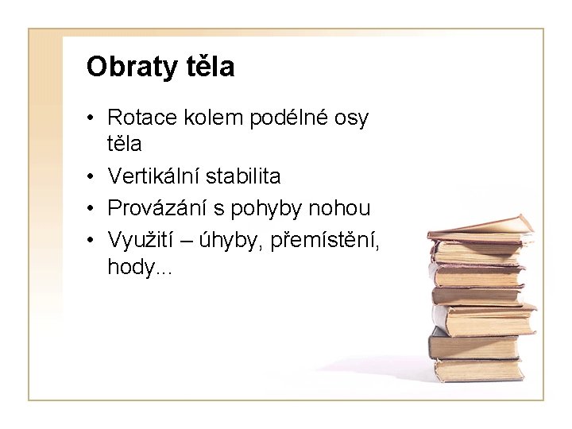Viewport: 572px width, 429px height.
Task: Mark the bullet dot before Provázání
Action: point(92,210)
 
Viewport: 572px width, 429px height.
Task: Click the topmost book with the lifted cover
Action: point(481,227)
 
